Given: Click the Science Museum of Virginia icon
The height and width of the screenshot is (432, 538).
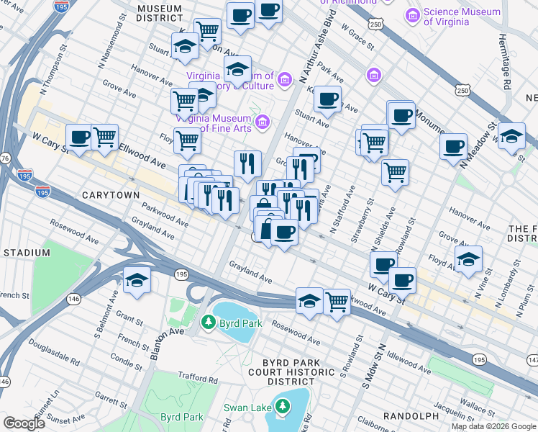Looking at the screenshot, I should [x=413, y=15].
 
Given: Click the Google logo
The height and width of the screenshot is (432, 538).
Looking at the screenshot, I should [x=24, y=423].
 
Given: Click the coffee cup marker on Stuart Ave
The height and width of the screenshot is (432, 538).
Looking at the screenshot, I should [x=328, y=100].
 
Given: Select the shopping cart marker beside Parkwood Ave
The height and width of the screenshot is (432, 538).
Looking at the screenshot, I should [x=337, y=301].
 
